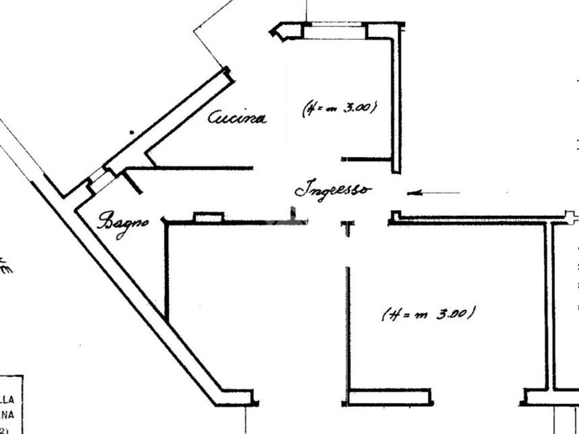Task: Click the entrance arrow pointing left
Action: coord(433,193)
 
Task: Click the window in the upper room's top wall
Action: coord(335,30)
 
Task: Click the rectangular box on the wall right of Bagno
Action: coord(209,217)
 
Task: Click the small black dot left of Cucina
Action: coord(132,133)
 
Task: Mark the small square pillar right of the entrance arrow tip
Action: coord(395,215)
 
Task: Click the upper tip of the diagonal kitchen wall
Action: coord(227,71)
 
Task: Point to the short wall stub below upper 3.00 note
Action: coord(366,159)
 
